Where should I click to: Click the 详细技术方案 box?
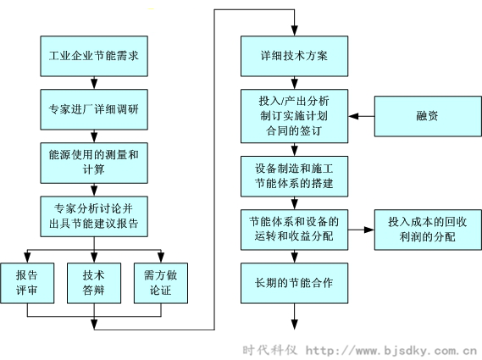pyautogui.click(x=294, y=56)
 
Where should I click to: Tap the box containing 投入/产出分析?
pyautogui.click(x=294, y=116)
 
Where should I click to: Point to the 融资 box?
pyautogui.click(x=427, y=116)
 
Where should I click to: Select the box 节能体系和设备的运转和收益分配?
pyautogui.click(x=294, y=229)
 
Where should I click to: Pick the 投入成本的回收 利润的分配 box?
pyautogui.click(x=427, y=229)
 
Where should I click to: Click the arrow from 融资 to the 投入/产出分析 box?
pyautogui.click(x=363, y=116)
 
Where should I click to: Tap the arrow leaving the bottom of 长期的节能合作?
pyautogui.click(x=294, y=317)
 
